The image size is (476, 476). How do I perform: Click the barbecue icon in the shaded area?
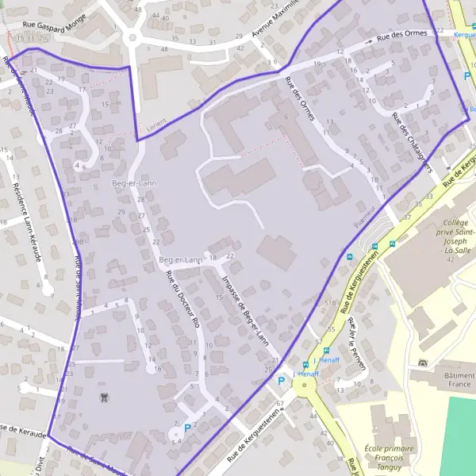pyautogui.click(x=102, y=396)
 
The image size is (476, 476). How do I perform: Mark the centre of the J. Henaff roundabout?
pyautogui.click(x=303, y=386)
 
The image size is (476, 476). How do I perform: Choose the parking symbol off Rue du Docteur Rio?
pyautogui.click(x=187, y=428)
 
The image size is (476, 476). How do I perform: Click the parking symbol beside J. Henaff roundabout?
pyautogui.click(x=280, y=381)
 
